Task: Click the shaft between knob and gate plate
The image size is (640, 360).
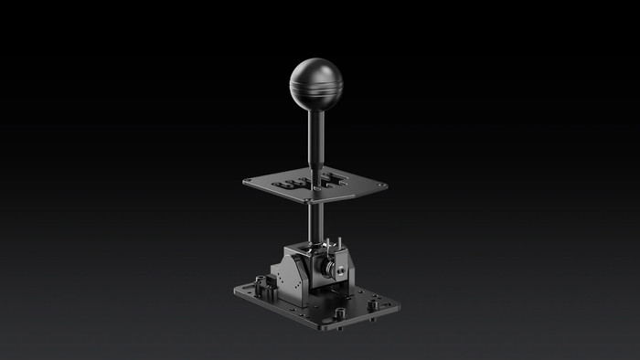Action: coord(315,137)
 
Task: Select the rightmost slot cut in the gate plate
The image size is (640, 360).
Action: coord(340,177)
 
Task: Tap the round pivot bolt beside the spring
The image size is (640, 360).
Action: coord(339,270)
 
